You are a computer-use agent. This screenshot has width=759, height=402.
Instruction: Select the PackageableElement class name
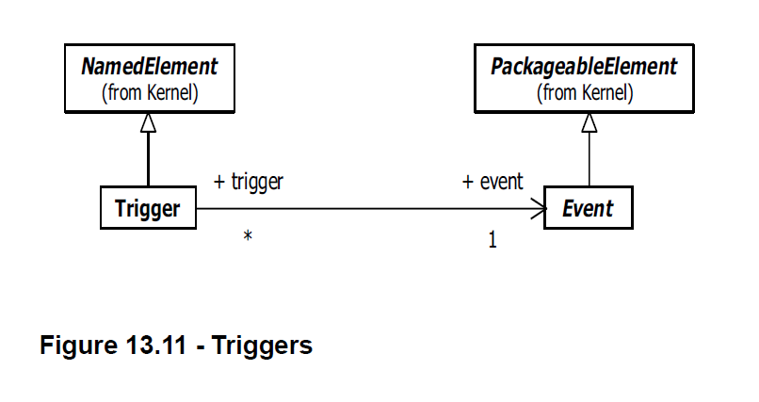[584, 67]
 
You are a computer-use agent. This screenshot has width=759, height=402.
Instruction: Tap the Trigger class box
[148, 208]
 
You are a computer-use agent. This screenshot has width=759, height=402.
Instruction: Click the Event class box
[588, 208]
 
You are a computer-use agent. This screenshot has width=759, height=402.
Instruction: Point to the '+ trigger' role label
[250, 182]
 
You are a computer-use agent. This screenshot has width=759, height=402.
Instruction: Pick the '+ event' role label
[493, 182]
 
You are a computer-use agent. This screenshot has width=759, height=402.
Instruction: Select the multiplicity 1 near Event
[492, 240]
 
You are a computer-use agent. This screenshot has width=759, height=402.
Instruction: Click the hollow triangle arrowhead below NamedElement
[148, 122]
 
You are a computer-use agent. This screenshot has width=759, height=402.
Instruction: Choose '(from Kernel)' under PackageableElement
[584, 92]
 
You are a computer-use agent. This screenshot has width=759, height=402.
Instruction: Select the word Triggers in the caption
[261, 346]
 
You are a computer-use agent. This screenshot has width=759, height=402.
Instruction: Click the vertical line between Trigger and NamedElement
[148, 160]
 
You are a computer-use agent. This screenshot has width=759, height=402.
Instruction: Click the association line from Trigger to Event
[367, 209]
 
